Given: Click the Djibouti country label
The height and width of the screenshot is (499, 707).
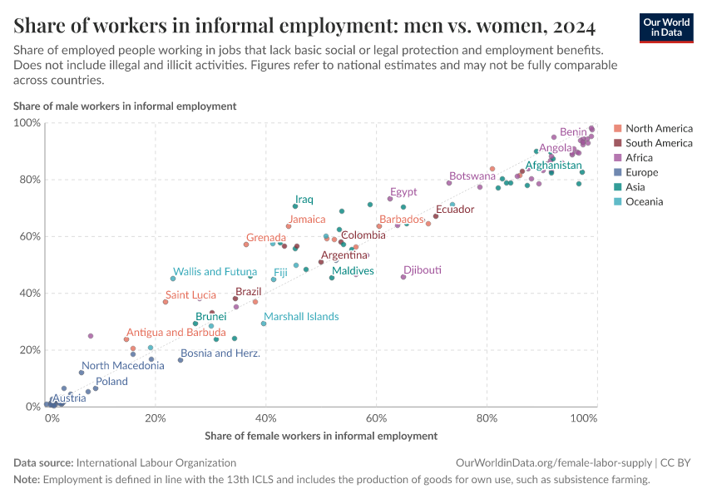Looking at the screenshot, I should pos(422,270).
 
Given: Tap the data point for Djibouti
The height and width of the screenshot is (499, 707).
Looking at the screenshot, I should pos(403,277).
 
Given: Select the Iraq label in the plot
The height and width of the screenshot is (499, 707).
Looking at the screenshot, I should pos(304,200).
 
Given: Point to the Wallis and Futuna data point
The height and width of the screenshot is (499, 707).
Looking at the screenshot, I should pos(173,279).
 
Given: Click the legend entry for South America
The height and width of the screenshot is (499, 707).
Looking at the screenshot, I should pos(659,143).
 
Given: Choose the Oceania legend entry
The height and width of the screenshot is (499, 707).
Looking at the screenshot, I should pos(644,202).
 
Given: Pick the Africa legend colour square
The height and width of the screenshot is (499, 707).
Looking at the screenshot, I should pos(616,158).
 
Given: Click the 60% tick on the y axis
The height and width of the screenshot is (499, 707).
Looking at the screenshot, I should pos(29,236).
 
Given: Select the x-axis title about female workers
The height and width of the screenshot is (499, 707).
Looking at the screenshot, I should pos(320,436).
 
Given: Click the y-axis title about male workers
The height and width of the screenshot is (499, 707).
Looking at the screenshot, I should pos(125,106).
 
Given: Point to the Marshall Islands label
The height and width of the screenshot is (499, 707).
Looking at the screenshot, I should pos(301,316).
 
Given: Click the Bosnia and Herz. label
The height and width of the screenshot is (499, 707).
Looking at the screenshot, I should pos(220,353).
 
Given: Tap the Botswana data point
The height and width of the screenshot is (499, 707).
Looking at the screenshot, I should pos(449,183).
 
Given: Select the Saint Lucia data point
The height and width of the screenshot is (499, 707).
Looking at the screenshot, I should pos(166,302).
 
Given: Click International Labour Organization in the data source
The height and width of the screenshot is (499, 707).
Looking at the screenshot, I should pos(156,462).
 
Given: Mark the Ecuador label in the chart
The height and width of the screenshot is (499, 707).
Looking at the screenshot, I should pos(455,209).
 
